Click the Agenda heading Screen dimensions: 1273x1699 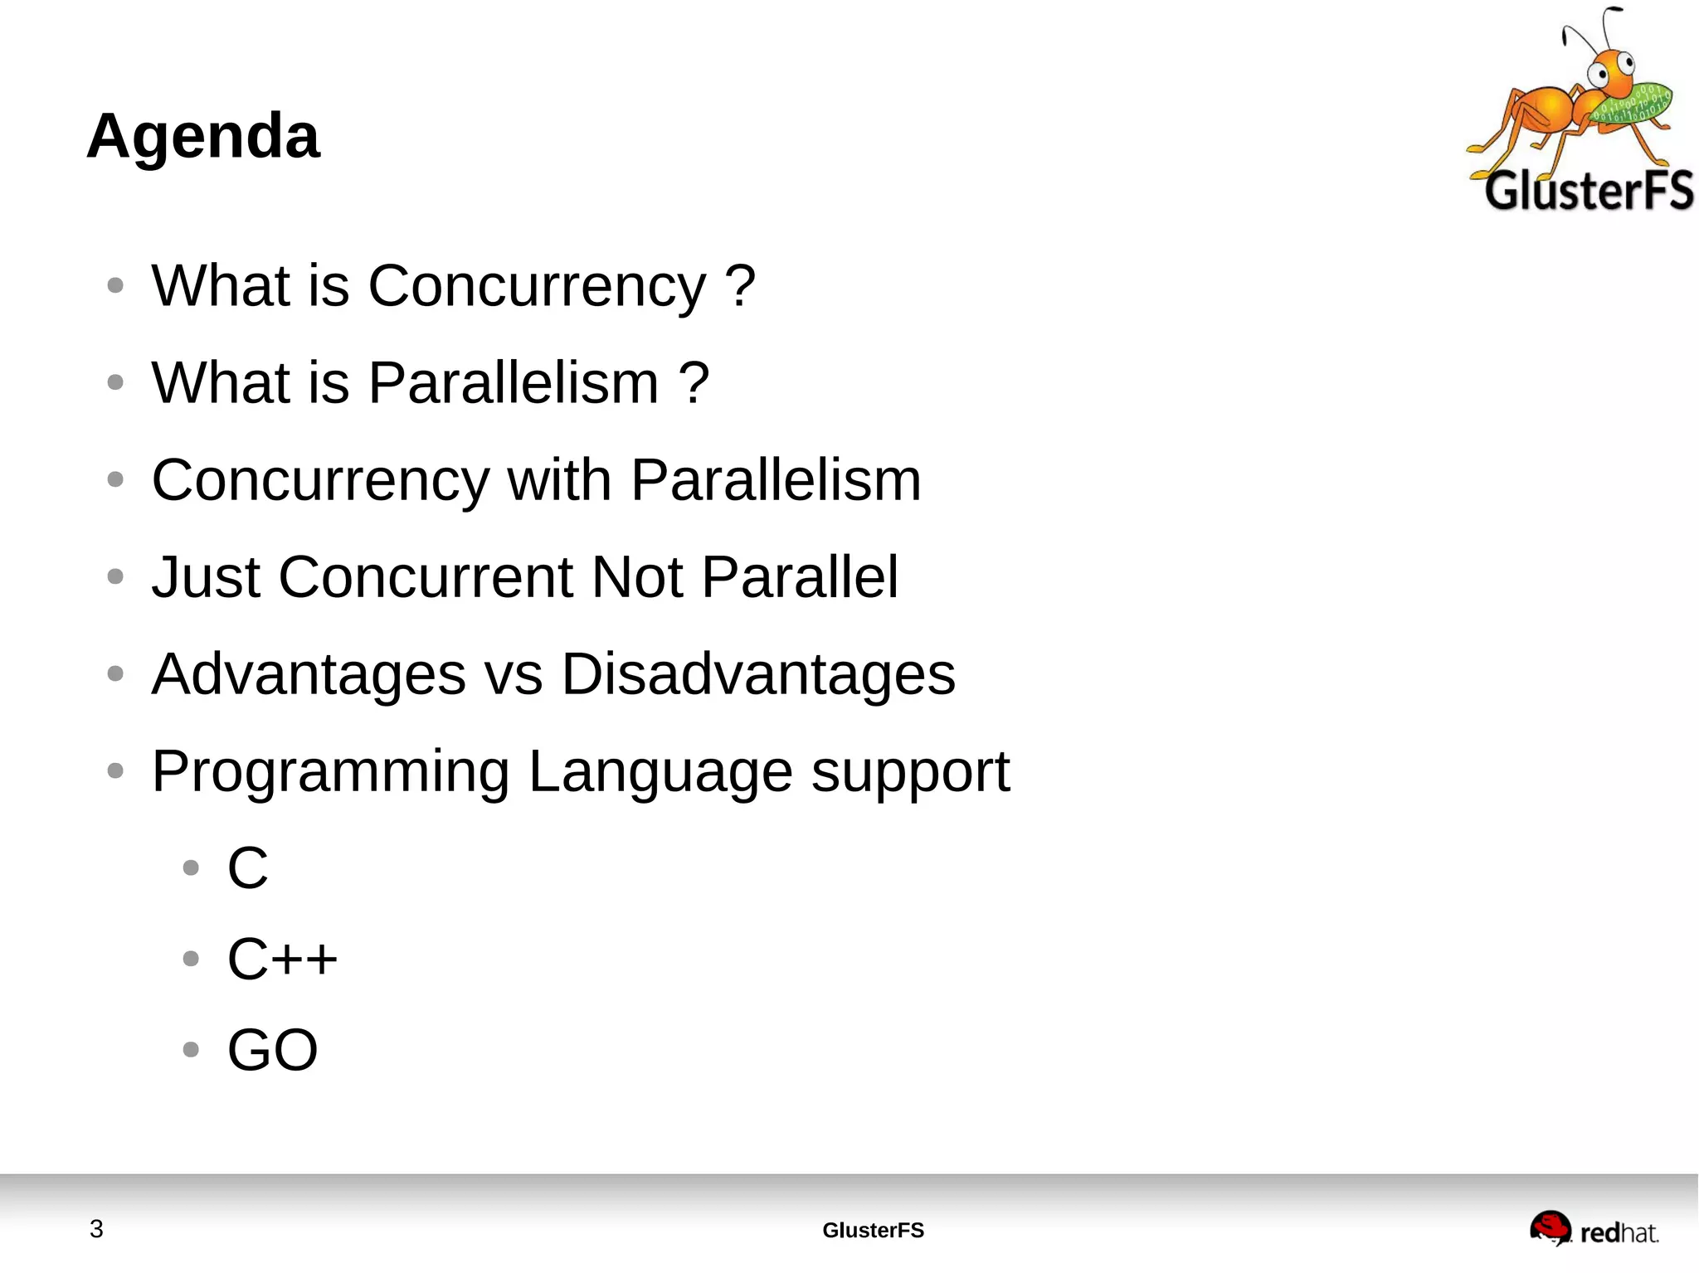pyautogui.click(x=202, y=136)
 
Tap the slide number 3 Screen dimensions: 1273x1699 pyautogui.click(x=96, y=1228)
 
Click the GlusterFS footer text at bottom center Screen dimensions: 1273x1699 pyautogui.click(x=873, y=1230)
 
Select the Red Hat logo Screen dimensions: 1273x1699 pyautogui.click(x=1593, y=1229)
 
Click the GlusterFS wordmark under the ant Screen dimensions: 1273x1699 pyautogui.click(x=1588, y=191)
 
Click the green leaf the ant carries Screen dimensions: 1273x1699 pyautogui.click(x=1631, y=104)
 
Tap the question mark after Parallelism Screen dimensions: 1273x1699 pyautogui.click(x=694, y=383)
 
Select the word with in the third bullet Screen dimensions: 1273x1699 pyautogui.click(x=559, y=480)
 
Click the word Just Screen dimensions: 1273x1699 pyautogui.click(x=206, y=577)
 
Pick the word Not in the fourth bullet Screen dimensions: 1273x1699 pyautogui.click(x=637, y=577)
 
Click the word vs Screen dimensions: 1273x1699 pyautogui.click(x=514, y=674)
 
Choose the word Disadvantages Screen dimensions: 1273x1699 pyautogui.click(x=758, y=674)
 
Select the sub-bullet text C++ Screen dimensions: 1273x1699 pyautogui.click(x=282, y=960)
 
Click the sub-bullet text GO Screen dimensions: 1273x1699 pyautogui.click(x=272, y=1050)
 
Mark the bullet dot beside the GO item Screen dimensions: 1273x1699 pyautogui.click(x=191, y=1050)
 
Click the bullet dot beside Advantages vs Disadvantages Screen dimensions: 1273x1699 pyautogui.click(x=115, y=673)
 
